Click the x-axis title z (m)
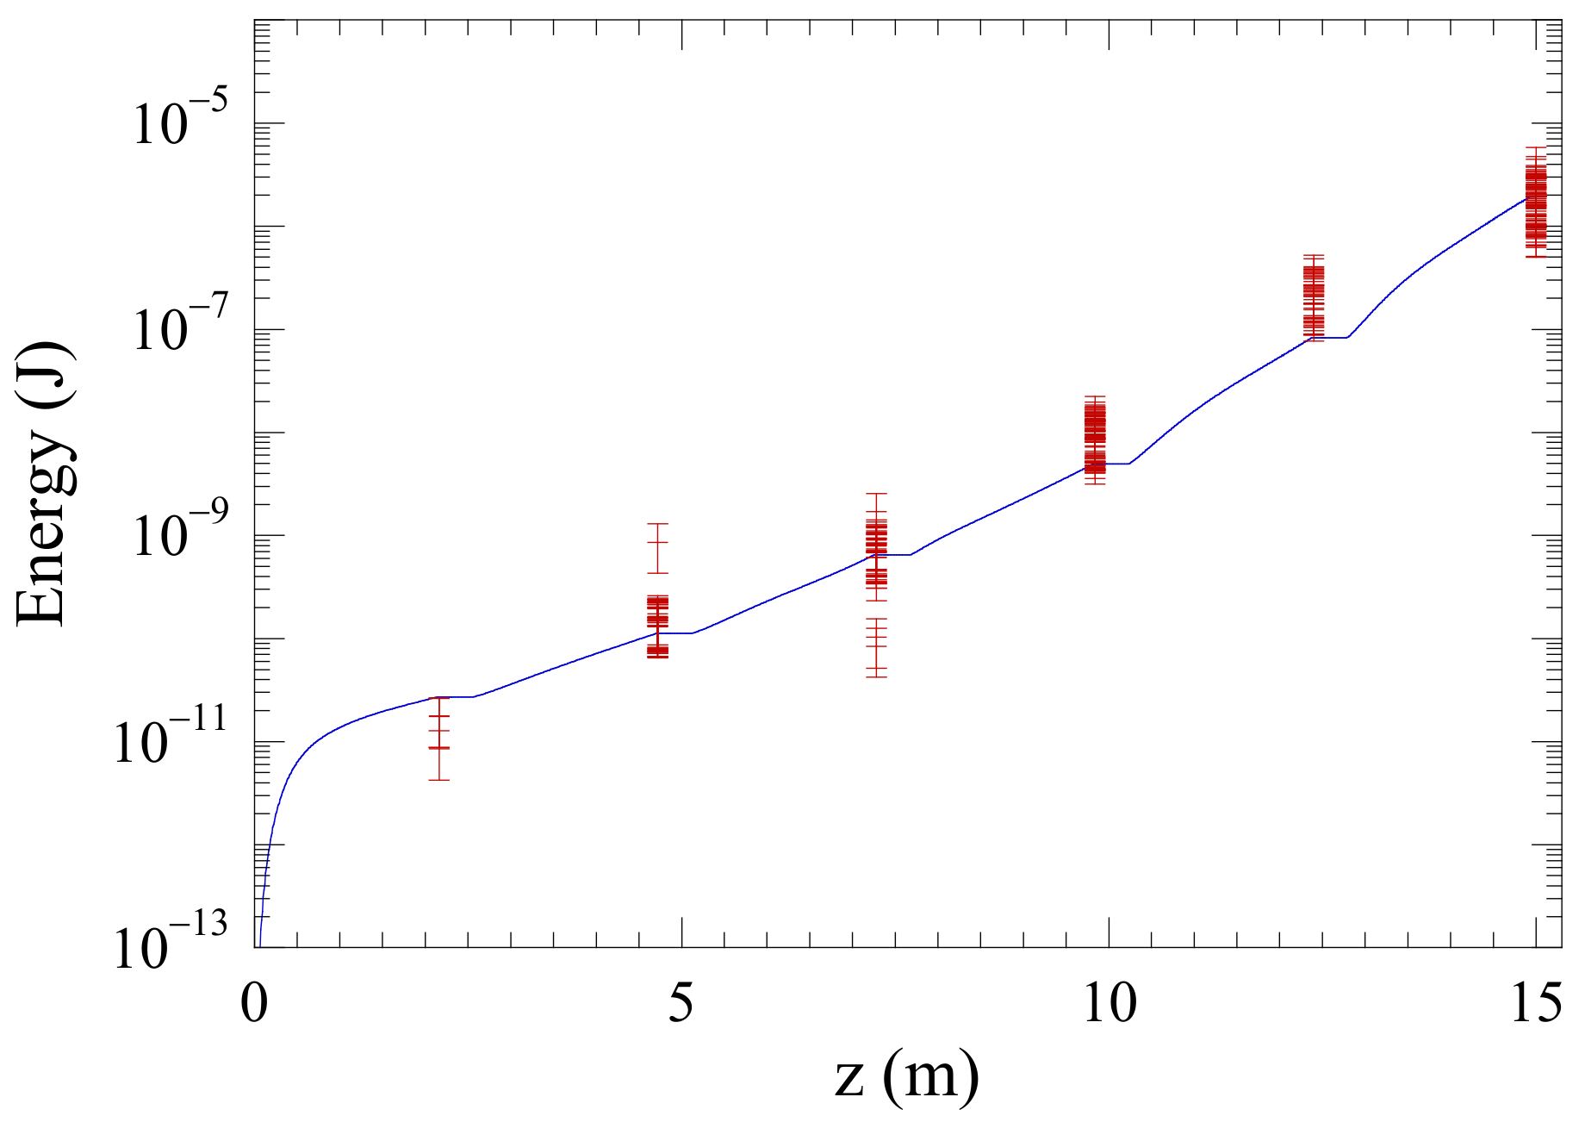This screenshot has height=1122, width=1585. (906, 1077)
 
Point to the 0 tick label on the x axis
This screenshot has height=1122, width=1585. (255, 1003)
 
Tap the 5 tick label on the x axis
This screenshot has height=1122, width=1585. (681, 1003)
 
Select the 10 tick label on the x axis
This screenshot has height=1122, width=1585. (1109, 1003)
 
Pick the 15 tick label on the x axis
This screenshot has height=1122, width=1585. (1536, 1003)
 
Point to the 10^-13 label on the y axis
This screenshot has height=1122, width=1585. (171, 948)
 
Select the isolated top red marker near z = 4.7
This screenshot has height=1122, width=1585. (657, 543)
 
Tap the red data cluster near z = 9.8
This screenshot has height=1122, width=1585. (1095, 439)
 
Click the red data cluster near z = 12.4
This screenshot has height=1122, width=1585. (1314, 297)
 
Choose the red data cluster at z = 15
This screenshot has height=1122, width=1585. (1535, 203)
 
